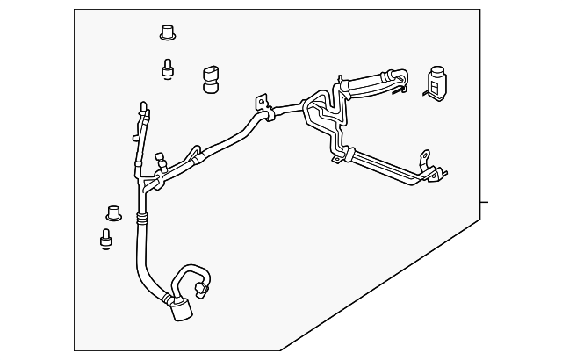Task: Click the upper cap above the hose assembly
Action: pos(165,33)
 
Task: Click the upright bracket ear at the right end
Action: pos(426,158)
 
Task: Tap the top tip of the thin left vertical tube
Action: pos(140,106)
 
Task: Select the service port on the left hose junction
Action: pos(161,161)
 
